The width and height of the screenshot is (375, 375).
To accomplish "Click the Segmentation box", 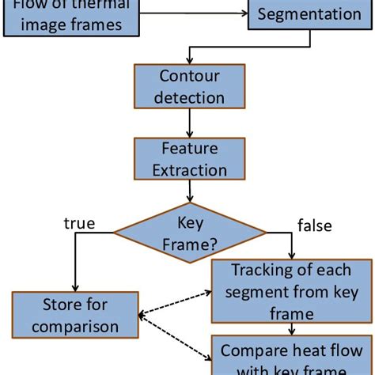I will coord(309,15).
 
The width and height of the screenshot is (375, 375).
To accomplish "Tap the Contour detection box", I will coord(189,86).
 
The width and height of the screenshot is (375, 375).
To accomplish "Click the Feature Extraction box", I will coord(189,159).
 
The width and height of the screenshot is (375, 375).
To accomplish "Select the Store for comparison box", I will coord(75,314).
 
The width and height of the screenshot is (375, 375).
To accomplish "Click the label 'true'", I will coord(79,223).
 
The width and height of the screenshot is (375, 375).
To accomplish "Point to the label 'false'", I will coord(314,225).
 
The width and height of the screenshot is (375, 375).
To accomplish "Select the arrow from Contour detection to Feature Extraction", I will coord(189,122).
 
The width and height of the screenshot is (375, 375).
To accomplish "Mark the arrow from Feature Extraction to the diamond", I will coord(189,191).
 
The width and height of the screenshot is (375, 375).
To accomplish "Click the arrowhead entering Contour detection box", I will coord(189,60).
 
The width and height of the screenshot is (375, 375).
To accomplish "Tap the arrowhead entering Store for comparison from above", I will coord(75,288).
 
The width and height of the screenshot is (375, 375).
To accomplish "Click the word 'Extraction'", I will coord(189,169).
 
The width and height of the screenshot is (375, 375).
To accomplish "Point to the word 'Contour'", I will coord(189,77).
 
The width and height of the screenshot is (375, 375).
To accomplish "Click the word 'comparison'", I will coord(75,325).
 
